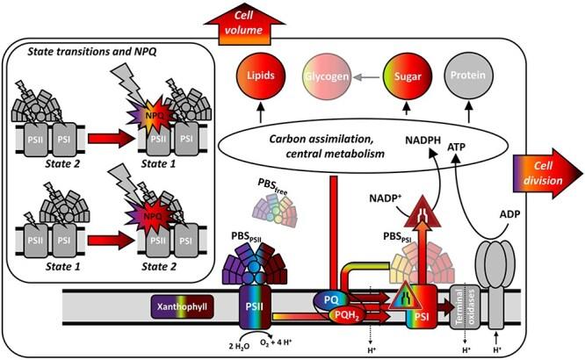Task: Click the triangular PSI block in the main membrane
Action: coord(418,304)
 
